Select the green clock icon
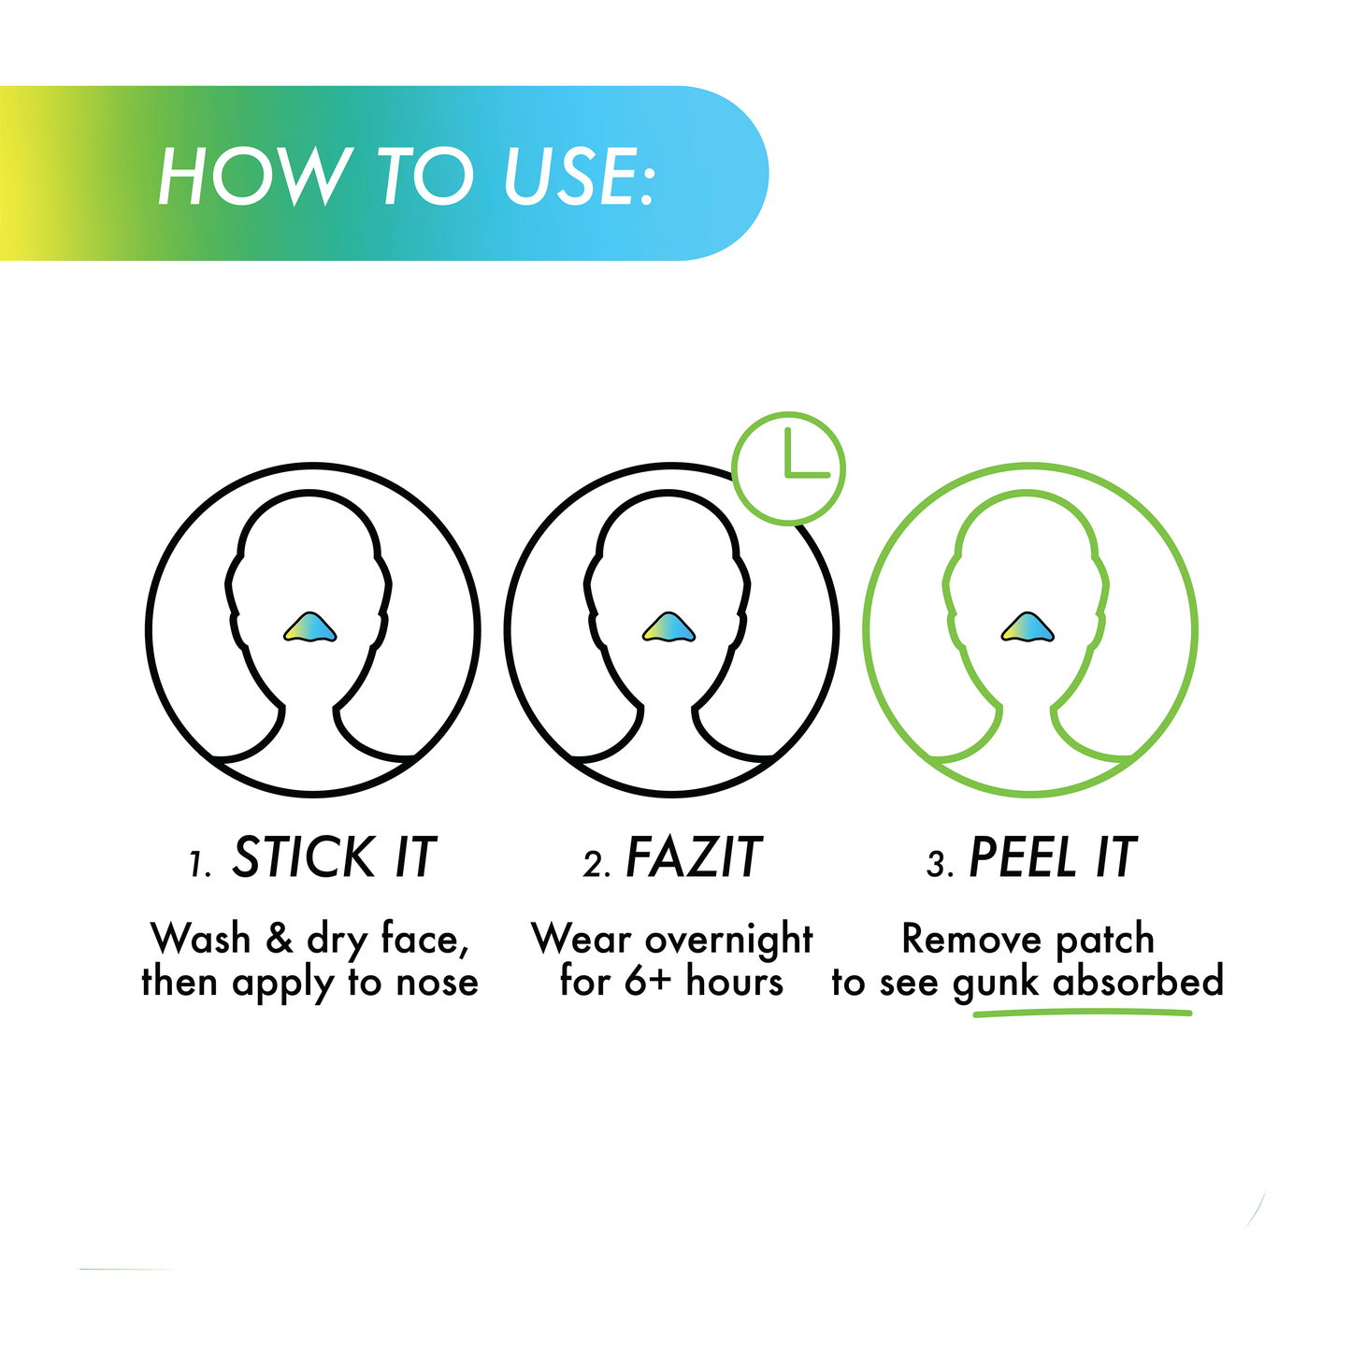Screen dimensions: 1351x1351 tap(788, 467)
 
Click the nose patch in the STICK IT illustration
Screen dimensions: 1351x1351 tap(310, 627)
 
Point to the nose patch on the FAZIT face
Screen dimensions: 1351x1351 tap(669, 627)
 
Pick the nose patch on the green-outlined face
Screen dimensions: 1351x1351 tap(1028, 627)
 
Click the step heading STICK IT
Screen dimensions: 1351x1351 tap(334, 857)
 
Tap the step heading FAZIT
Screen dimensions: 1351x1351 tap(694, 857)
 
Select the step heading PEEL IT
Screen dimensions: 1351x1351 tap(1052, 857)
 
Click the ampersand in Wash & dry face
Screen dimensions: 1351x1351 tap(280, 938)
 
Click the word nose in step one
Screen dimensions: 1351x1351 tap(437, 982)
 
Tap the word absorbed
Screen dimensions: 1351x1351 tap(1138, 981)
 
